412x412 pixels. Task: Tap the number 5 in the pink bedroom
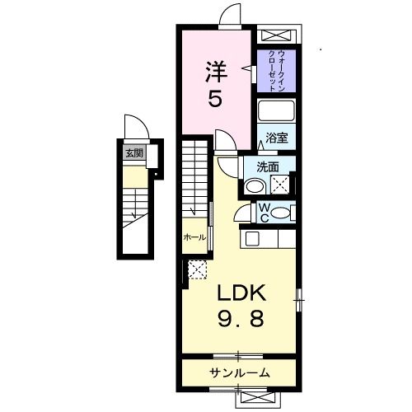(213, 100)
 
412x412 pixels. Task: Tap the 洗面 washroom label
(267, 166)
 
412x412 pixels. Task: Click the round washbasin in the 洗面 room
(254, 185)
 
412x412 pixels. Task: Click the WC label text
(265, 212)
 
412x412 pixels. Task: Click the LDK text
(241, 293)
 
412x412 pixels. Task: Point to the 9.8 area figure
(241, 318)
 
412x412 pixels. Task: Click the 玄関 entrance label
(133, 152)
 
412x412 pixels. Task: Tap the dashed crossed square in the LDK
(198, 269)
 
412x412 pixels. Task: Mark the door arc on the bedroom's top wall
(231, 15)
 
